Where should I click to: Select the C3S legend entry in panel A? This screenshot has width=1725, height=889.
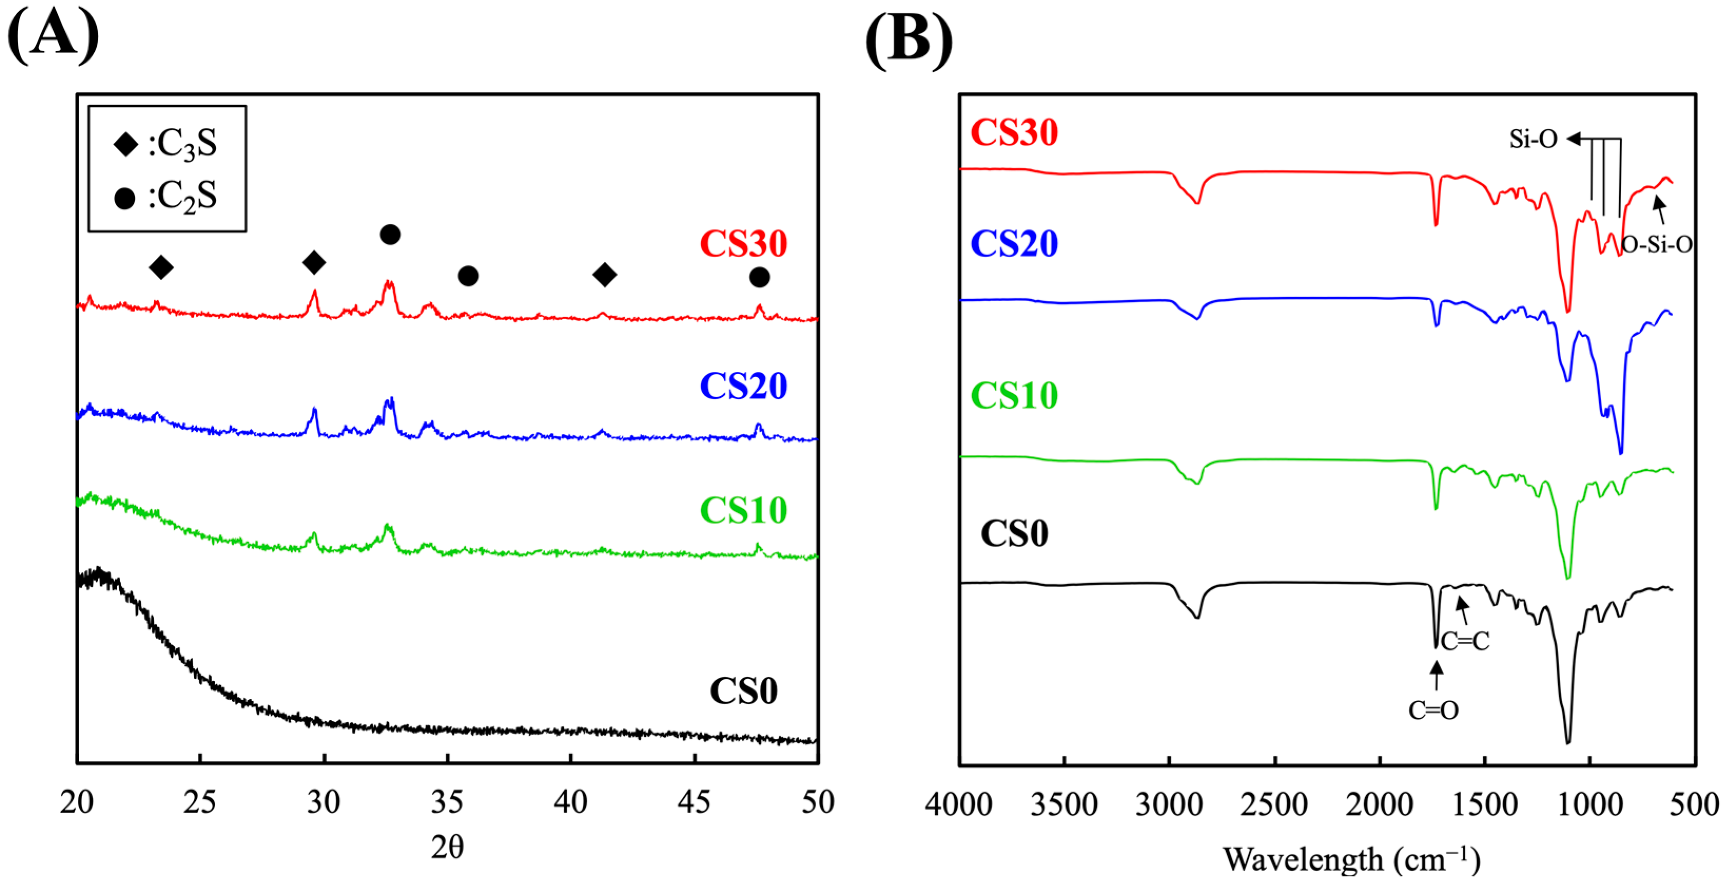[168, 144]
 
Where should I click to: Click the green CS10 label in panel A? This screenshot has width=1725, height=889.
[743, 511]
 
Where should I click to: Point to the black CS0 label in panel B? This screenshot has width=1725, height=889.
[1014, 534]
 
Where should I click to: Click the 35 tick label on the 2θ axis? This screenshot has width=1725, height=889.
[447, 802]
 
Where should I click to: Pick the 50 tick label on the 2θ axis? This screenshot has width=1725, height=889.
[818, 802]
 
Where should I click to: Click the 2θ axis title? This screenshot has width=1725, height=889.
[447, 847]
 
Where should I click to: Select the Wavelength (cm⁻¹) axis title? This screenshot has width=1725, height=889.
[1351, 860]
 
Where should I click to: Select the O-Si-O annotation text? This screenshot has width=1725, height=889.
[1657, 245]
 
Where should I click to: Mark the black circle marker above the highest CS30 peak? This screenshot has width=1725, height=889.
[390, 235]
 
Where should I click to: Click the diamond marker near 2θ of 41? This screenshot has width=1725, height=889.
[605, 274]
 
